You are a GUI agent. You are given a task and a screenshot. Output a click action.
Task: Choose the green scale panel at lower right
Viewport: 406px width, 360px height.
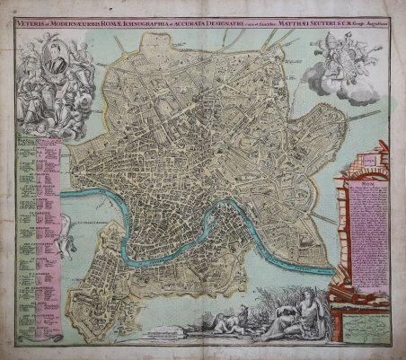click(x=363, y=320)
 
